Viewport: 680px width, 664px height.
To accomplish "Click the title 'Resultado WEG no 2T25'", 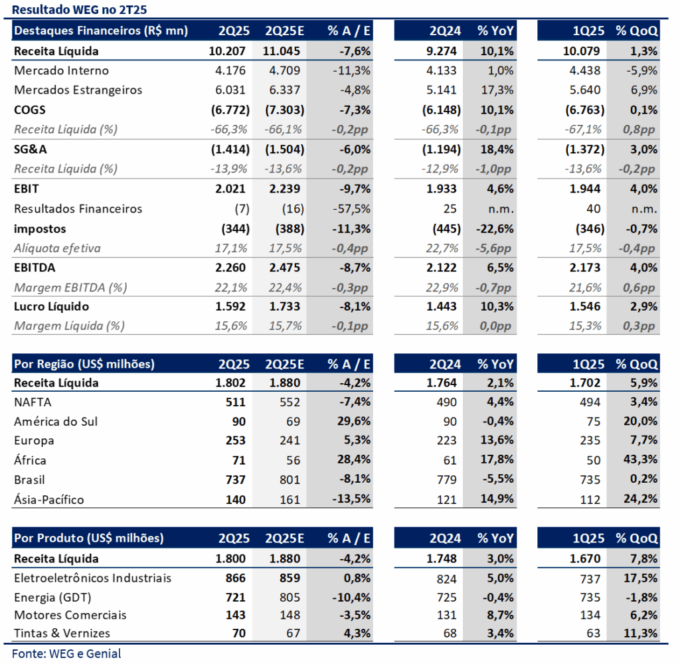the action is (80, 9).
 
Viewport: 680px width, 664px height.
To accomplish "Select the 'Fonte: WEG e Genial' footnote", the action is (66, 653).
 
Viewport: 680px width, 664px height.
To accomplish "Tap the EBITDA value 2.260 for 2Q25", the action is (230, 268).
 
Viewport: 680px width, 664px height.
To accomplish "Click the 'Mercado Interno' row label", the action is (61, 70).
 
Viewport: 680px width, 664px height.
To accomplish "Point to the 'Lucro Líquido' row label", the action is (51, 307).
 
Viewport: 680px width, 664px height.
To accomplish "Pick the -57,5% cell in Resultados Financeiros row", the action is (351, 208).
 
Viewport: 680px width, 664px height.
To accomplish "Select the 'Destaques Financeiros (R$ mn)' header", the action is (101, 31).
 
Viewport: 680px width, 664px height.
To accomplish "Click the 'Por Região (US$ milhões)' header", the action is (84, 364).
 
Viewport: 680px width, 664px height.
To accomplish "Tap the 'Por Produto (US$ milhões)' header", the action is (88, 539).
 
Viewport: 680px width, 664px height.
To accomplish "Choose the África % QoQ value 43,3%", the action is (640, 459).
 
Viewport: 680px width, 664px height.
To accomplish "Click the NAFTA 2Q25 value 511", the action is (236, 402).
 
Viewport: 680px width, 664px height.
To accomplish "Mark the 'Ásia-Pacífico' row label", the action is (49, 499).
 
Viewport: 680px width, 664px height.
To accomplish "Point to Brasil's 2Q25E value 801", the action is (290, 479).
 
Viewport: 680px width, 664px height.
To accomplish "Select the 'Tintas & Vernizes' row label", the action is (62, 633).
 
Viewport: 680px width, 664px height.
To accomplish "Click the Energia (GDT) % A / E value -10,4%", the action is (351, 598).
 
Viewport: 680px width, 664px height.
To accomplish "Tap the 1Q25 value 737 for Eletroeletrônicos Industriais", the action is (590, 578).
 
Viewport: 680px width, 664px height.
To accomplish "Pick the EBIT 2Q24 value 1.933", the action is (442, 189).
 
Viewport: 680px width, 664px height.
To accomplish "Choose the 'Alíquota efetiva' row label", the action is (57, 248).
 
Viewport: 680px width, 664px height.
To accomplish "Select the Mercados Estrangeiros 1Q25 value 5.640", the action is (585, 90).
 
